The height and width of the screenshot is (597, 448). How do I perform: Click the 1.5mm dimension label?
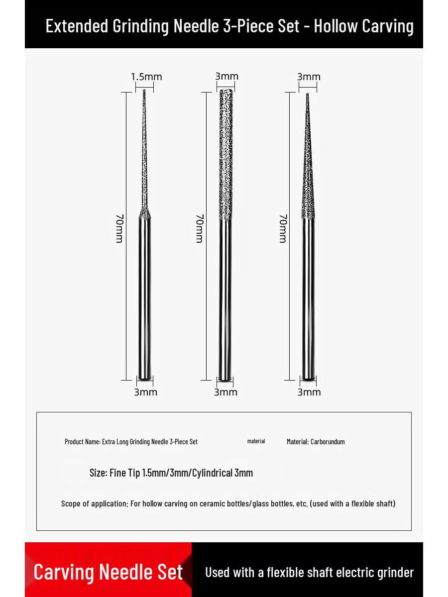click(x=146, y=77)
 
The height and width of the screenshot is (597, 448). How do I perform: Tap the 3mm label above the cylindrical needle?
click(x=226, y=76)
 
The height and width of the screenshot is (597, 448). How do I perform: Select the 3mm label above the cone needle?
click(x=309, y=77)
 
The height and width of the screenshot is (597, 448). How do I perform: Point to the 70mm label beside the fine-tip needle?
click(x=119, y=228)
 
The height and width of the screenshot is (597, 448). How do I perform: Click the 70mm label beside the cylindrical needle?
click(x=200, y=228)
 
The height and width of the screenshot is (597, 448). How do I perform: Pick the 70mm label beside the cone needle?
click(x=283, y=228)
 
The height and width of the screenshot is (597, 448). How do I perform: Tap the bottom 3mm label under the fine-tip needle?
click(x=145, y=392)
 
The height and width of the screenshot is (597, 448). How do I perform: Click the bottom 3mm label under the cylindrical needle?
click(x=225, y=392)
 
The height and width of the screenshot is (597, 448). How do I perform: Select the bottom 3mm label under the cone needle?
click(x=309, y=392)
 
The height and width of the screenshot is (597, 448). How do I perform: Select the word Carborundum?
click(x=328, y=442)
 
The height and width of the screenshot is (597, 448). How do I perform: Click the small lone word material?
click(x=256, y=441)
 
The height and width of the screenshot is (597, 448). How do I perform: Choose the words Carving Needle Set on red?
click(x=108, y=572)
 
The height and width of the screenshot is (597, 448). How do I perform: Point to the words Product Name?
click(x=82, y=442)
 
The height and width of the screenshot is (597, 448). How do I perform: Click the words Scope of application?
click(x=94, y=503)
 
